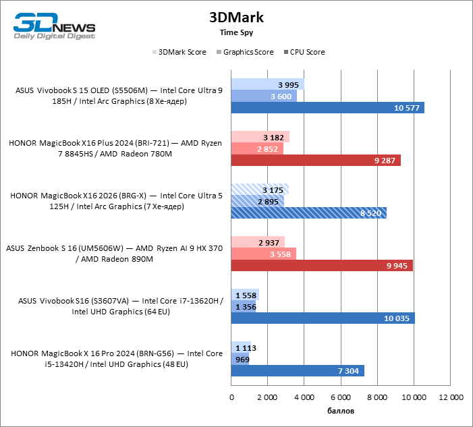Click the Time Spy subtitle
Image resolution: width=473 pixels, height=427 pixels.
point(236,32)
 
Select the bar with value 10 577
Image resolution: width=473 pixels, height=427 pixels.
point(327,108)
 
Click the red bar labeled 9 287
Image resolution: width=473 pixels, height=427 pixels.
point(316,161)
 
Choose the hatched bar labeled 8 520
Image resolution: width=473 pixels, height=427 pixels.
point(308,212)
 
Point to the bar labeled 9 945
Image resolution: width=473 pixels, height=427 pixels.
point(322,266)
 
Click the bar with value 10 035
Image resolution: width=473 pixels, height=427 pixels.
point(323,318)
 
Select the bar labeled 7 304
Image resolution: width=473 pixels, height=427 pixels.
point(298,371)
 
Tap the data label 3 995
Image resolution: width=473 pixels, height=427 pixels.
point(289,84)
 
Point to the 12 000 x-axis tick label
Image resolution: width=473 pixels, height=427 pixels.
point(450,398)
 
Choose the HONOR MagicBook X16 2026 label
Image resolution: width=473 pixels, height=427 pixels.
point(116,201)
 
